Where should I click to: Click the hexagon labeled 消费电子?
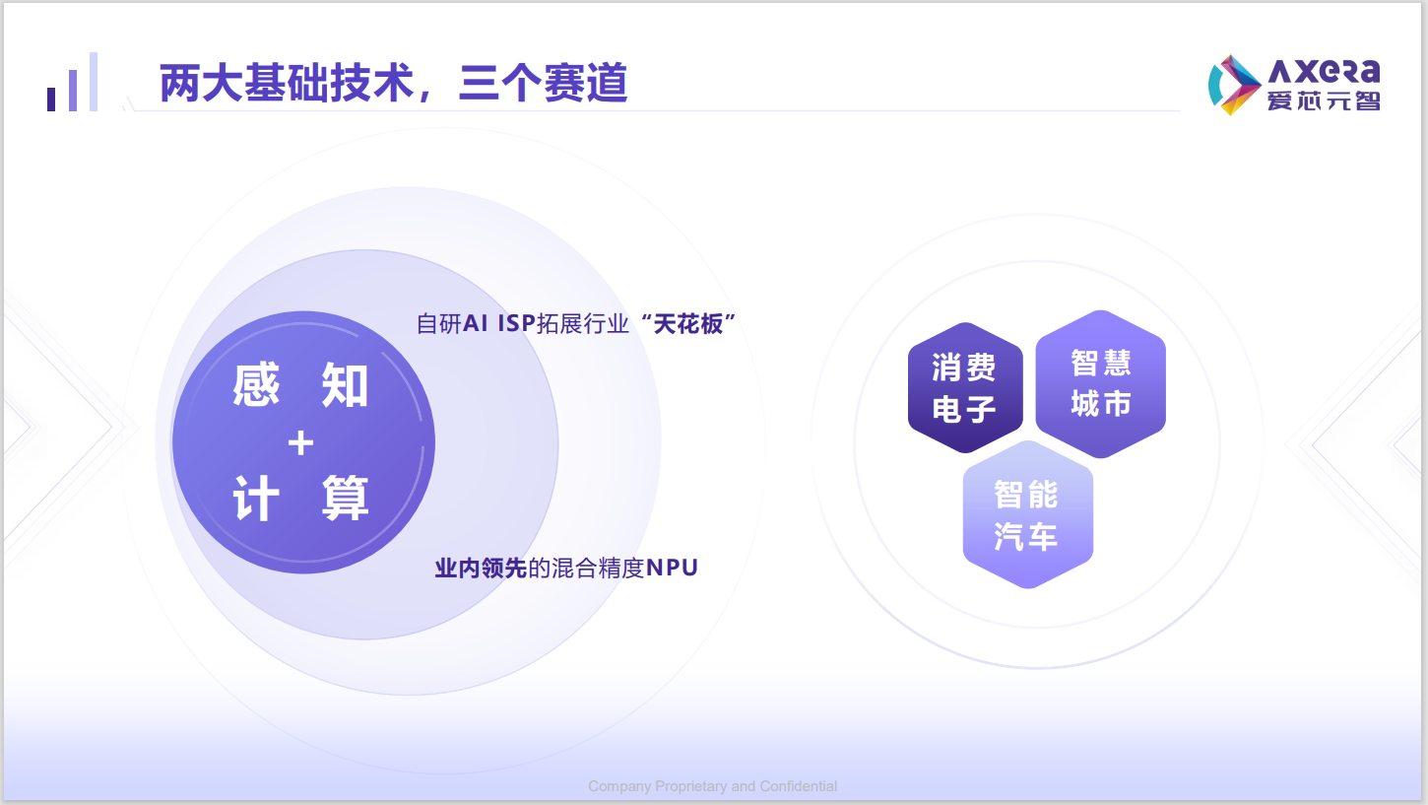(965, 388)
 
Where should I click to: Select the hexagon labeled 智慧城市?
(1101, 384)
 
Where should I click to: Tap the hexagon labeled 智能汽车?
(1027, 514)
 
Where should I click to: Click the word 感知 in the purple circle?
(301, 384)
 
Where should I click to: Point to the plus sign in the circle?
(301, 443)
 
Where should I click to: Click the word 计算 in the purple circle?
(301, 499)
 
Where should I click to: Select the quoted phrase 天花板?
(688, 323)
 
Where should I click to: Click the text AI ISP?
(498, 323)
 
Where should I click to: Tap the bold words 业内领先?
(481, 568)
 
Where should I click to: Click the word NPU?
(672, 568)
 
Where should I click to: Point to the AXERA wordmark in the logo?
(1325, 72)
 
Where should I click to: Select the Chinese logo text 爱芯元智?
(1324, 101)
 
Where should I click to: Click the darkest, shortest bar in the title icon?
(51, 100)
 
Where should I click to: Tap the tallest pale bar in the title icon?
(94, 82)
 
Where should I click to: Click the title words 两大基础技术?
(287, 83)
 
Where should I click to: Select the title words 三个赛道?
(544, 83)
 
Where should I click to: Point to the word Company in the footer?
(619, 786)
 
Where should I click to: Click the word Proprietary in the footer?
(690, 786)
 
